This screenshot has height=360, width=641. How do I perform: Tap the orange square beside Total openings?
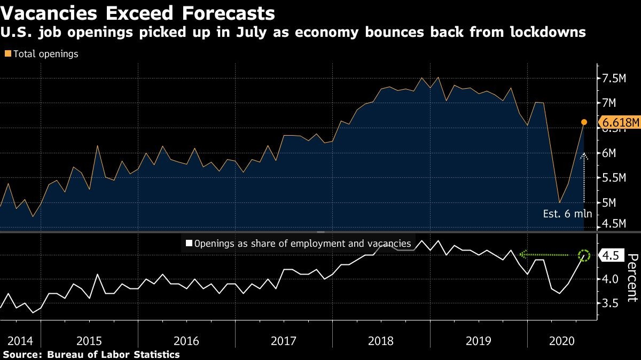point(7,54)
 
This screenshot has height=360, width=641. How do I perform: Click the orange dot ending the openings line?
point(584,122)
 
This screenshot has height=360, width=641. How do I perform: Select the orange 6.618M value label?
point(620,123)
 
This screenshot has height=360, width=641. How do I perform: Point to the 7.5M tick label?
point(614,79)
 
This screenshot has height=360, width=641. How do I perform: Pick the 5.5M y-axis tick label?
point(614,178)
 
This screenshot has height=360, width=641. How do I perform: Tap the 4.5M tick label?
point(614,223)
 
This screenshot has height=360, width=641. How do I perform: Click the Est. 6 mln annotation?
point(567,214)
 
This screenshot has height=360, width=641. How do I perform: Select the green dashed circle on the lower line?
point(584,255)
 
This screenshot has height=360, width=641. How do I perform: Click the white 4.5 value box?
point(609,256)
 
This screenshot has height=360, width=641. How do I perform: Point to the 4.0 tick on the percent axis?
point(609,279)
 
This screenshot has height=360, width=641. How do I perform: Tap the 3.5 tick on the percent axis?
point(609,303)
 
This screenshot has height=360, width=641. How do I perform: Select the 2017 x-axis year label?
point(283,340)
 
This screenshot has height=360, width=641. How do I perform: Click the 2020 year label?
point(559,340)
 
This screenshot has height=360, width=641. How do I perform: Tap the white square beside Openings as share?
point(188,244)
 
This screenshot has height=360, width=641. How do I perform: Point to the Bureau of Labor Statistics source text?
point(113,354)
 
